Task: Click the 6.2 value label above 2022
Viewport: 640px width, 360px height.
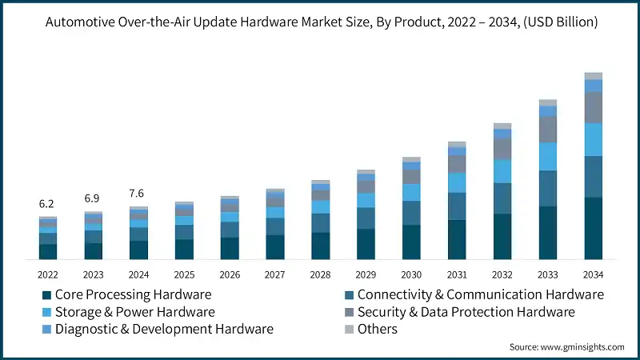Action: tap(47, 204)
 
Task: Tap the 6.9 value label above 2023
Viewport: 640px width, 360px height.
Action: tap(93, 198)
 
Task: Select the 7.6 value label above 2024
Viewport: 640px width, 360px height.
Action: tap(138, 193)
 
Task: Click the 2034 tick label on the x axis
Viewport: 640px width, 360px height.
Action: tap(593, 274)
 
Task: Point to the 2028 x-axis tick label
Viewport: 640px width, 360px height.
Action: tap(320, 274)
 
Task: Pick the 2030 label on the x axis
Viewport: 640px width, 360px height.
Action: tap(411, 274)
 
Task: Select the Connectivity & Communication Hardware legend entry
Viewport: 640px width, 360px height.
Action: tap(480, 294)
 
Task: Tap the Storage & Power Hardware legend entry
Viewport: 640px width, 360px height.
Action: tap(135, 312)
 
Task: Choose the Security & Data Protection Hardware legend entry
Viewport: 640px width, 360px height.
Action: tap(466, 312)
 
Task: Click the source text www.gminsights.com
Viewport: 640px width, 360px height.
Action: tap(583, 346)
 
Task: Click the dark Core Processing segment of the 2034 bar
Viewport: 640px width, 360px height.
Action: tap(593, 228)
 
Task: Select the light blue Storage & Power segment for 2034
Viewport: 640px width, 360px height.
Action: tap(593, 139)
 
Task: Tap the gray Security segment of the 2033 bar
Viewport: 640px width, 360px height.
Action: tap(548, 130)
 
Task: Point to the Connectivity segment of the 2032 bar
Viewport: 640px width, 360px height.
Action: tap(502, 198)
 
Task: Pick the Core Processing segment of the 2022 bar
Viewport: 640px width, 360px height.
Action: tap(47, 251)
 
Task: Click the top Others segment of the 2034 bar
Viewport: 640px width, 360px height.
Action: tap(593, 76)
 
